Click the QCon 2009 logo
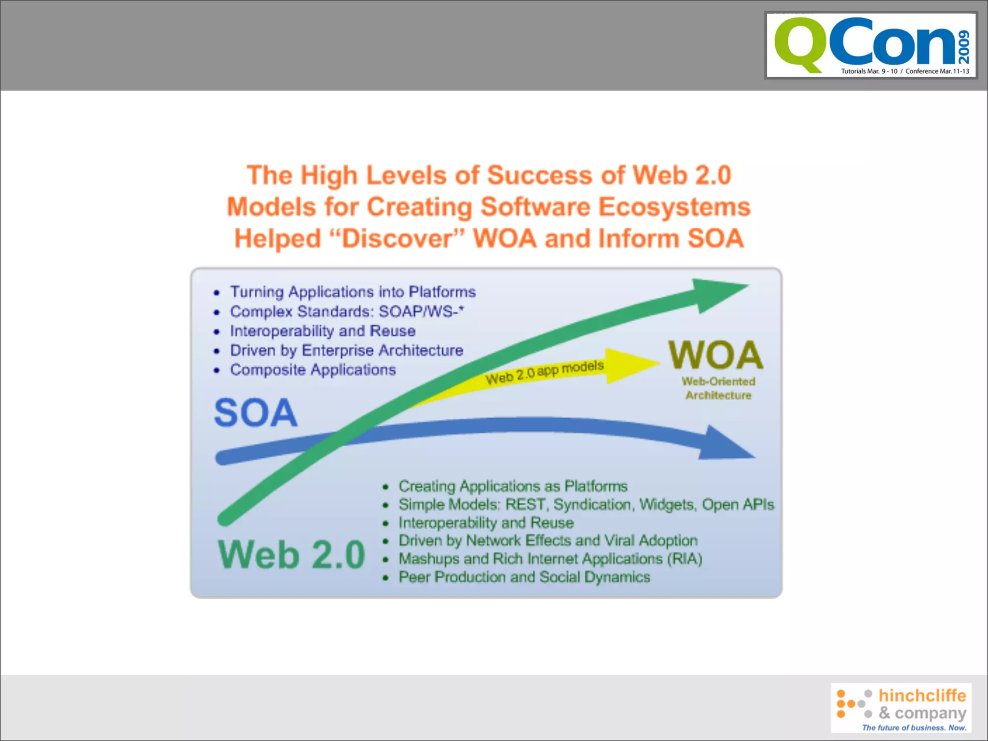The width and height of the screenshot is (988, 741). tap(871, 46)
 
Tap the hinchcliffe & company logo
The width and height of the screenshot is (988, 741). tap(901, 707)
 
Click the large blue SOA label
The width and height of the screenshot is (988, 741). tap(256, 413)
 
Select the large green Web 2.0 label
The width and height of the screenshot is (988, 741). tap(291, 555)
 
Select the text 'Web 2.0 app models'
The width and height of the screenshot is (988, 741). tap(544, 372)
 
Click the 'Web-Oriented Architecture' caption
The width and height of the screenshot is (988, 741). tap(718, 388)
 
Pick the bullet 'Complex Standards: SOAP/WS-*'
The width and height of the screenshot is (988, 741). tap(346, 312)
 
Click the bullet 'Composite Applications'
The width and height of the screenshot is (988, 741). tap(313, 370)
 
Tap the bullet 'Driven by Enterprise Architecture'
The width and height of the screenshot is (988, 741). tap(346, 350)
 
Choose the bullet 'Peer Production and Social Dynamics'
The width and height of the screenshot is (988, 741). tap(524, 577)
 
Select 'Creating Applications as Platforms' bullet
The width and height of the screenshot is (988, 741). tap(513, 486)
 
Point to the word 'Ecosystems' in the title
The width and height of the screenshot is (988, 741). tap(674, 207)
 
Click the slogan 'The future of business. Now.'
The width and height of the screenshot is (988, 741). tap(914, 727)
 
